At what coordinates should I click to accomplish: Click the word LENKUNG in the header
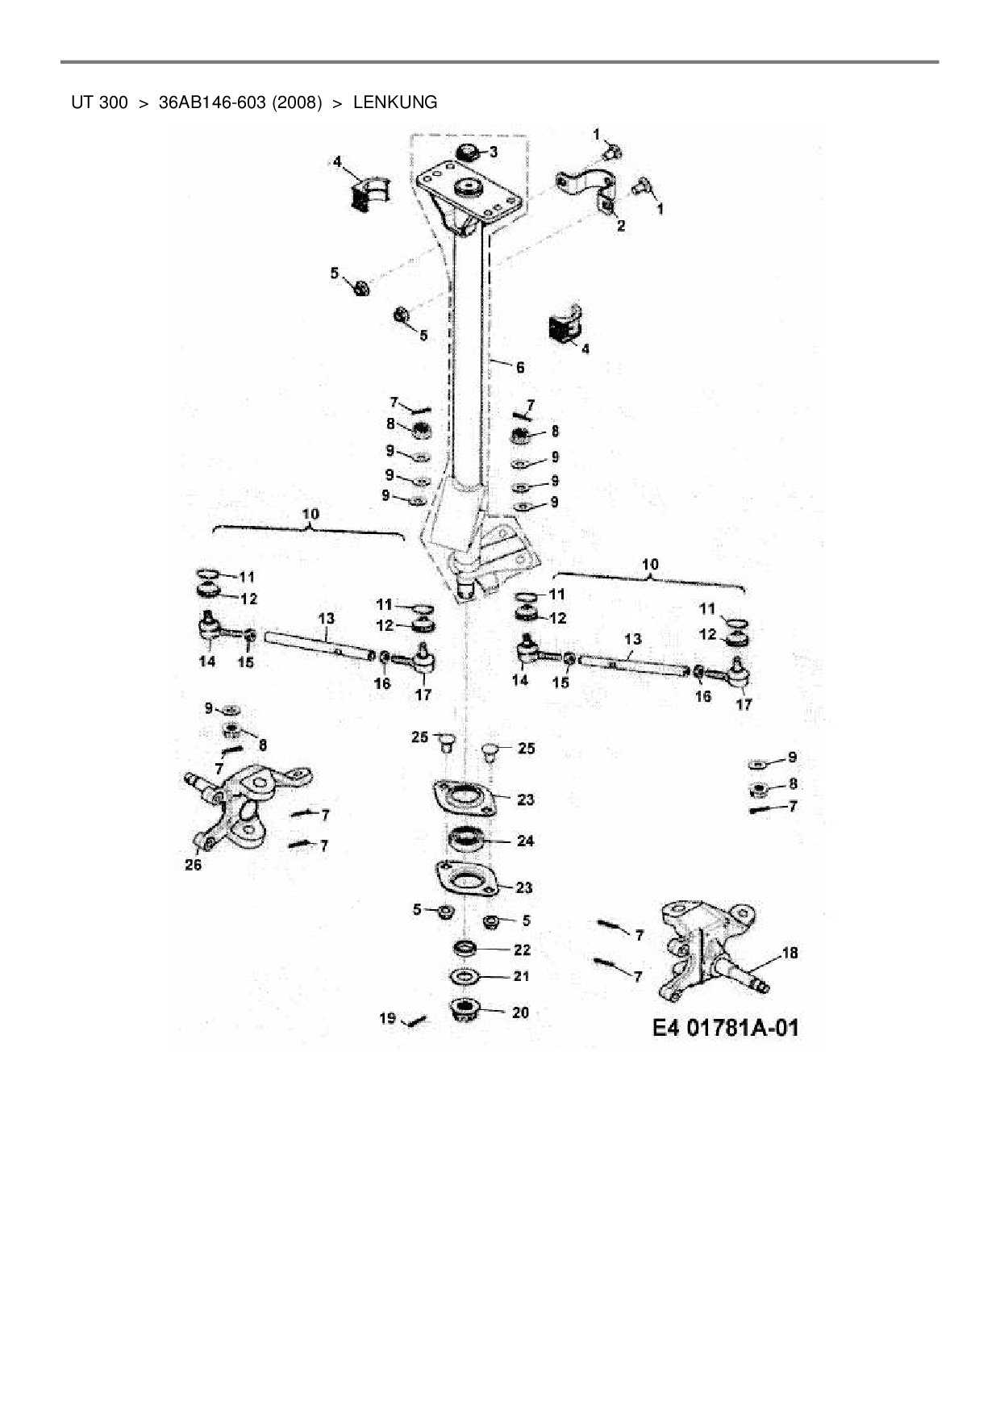coord(395,102)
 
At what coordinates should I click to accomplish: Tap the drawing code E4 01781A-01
coord(725,1028)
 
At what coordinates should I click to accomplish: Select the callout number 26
coord(193,866)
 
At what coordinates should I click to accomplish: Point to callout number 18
coord(790,953)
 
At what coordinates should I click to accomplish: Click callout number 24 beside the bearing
coord(525,841)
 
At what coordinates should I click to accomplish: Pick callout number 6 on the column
coord(520,367)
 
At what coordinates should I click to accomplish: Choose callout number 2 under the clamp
coord(621,226)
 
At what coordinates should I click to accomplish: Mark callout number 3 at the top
coord(493,152)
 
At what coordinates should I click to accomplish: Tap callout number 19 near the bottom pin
coord(388,1018)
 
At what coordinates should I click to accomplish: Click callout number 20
coord(521,1012)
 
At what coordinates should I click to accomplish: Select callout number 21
coord(522,976)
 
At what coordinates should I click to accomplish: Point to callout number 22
coord(522,950)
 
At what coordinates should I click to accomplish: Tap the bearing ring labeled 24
coord(465,840)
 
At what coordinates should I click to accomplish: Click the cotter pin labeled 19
coord(416,1021)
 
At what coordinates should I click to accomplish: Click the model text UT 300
coord(99,102)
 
